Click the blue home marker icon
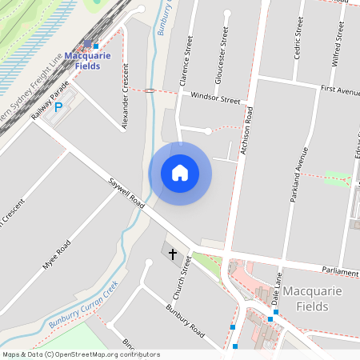pos(180,173)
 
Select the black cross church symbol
pos(172,254)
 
